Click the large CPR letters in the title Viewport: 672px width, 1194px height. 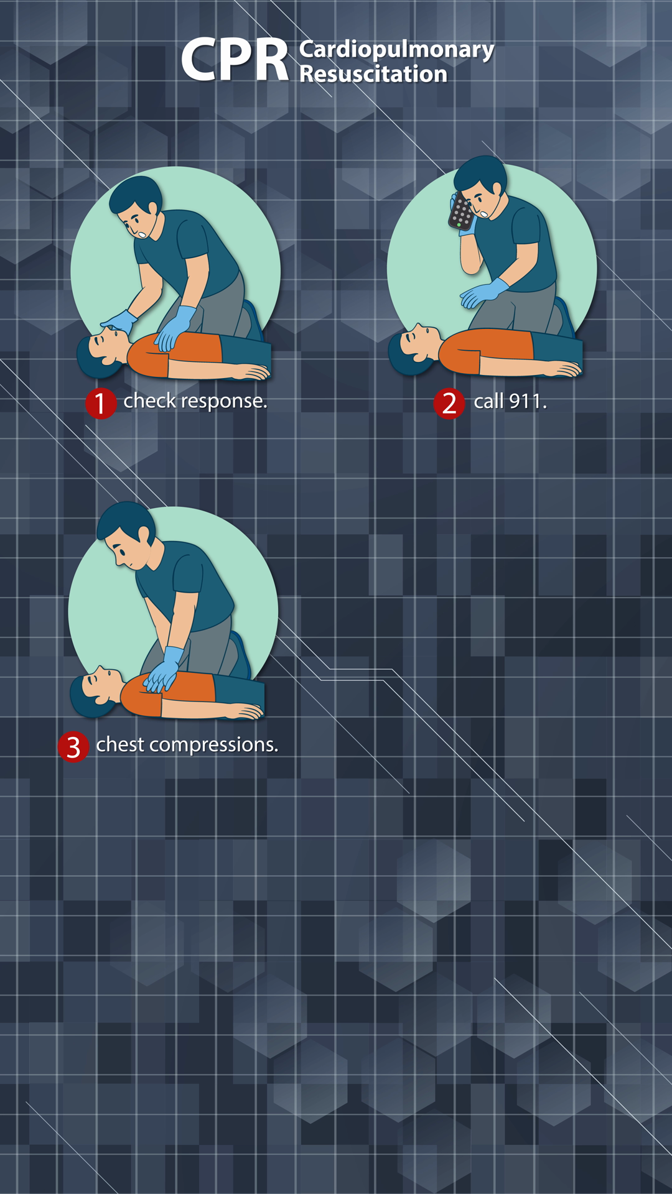(x=235, y=60)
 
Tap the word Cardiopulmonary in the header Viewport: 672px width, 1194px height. (x=396, y=49)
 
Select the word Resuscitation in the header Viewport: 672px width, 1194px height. (x=373, y=74)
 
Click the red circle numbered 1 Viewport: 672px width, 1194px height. (x=101, y=404)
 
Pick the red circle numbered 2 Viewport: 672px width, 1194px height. (x=449, y=404)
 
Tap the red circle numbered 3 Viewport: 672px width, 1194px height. (x=73, y=747)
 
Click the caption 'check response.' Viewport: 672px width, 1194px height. (x=195, y=401)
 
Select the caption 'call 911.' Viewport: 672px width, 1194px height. (x=510, y=402)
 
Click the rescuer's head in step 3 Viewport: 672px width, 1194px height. (x=128, y=535)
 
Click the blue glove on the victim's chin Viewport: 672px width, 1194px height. (x=119, y=322)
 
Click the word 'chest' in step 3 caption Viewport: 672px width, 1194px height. (x=120, y=744)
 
